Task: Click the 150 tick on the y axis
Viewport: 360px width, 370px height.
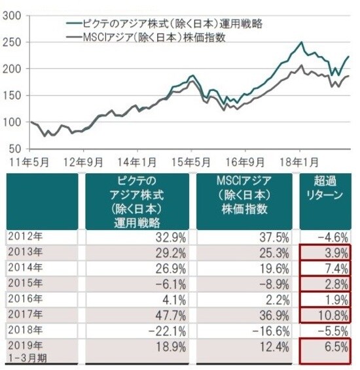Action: tap(14, 95)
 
